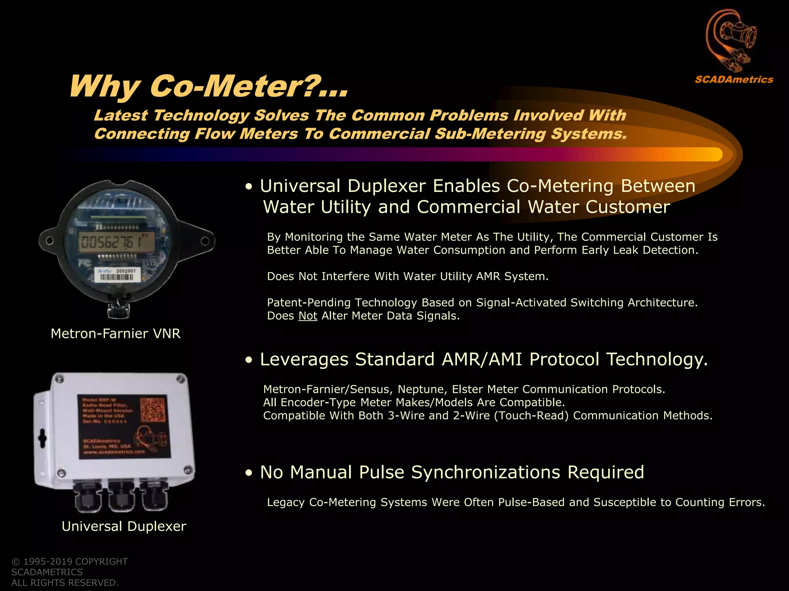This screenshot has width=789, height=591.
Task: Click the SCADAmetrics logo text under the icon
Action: point(734,80)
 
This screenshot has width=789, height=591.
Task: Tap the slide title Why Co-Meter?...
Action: point(208,86)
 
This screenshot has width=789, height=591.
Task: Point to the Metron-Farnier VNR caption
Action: point(116,334)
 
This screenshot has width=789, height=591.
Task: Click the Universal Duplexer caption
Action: point(124,526)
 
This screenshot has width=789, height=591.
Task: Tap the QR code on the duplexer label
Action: point(153,410)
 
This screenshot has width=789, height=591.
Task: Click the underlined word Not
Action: point(307,316)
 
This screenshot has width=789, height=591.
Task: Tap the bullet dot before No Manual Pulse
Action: point(249,473)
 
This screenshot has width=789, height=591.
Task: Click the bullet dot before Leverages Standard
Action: point(249,360)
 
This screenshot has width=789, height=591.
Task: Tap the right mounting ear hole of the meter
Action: point(205,241)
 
